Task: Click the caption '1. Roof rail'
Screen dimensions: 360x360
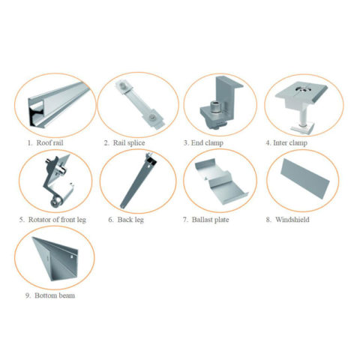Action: [x=47, y=142]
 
